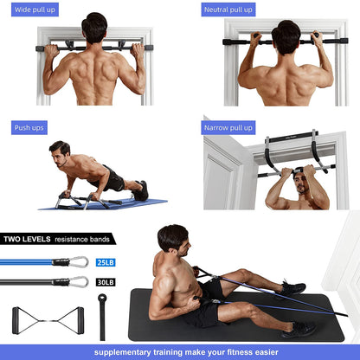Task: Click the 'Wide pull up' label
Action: tap(35, 10)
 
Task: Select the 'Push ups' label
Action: tap(29, 127)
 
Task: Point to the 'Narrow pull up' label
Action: tap(228, 127)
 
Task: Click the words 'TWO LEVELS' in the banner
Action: tap(26, 238)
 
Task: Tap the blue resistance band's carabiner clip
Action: tap(79, 261)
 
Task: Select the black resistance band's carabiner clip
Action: tap(79, 281)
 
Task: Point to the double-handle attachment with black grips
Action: tap(48, 320)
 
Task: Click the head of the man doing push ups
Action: tap(60, 150)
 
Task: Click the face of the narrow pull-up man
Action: tap(301, 183)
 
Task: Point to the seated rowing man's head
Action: tap(173, 238)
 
